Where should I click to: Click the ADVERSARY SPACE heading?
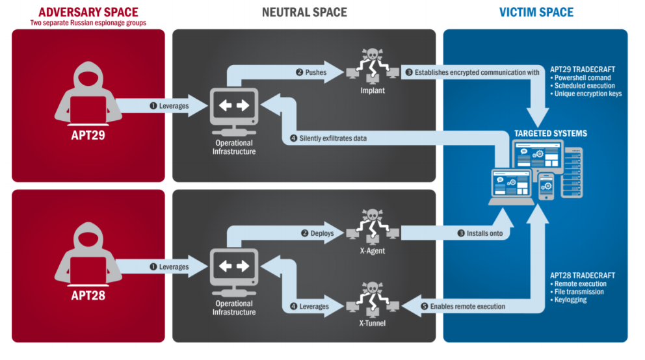[88, 12]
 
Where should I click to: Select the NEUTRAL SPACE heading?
[304, 12]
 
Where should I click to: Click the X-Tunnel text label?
[372, 322]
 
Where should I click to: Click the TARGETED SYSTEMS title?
[550, 134]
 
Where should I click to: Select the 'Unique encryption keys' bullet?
[588, 94]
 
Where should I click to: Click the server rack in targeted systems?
[572, 172]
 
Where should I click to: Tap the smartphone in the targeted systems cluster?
[546, 188]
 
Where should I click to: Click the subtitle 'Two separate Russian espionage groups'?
[88, 23]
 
